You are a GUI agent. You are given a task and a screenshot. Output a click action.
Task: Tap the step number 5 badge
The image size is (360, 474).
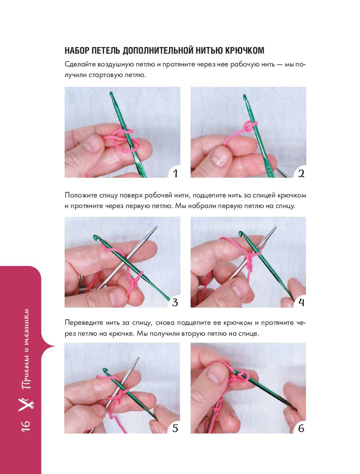pyautogui.click(x=175, y=428)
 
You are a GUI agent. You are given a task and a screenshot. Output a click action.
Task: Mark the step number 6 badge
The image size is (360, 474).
pyautogui.click(x=301, y=428)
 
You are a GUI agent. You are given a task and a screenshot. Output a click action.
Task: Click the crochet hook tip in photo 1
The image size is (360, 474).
pyautogui.click(x=111, y=93)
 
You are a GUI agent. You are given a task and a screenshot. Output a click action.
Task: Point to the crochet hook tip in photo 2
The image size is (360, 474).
pyautogui.click(x=245, y=96)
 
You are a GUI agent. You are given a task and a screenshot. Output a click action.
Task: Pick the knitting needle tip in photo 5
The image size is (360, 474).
pyautogui.click(x=138, y=358)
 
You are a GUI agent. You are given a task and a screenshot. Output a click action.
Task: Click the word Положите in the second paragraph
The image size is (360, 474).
pyautogui.click(x=80, y=195)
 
